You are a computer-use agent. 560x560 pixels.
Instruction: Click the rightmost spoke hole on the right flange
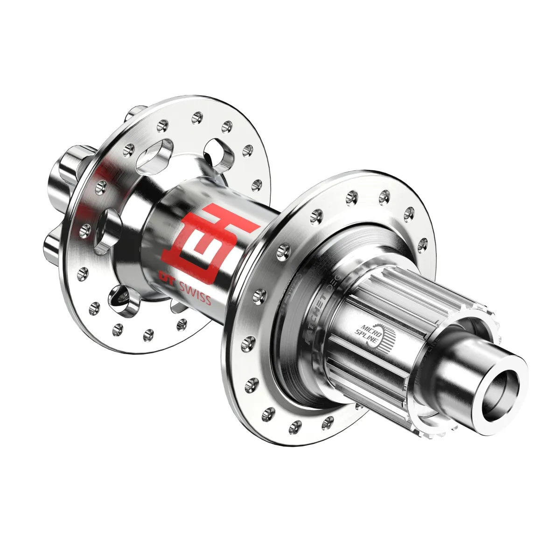(423, 241)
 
